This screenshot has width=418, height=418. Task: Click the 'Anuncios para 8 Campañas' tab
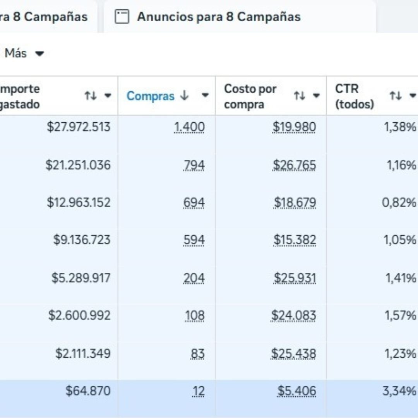(218, 17)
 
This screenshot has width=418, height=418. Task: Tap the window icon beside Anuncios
(122, 17)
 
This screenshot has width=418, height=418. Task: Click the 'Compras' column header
(151, 96)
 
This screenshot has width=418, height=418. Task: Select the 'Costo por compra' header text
(250, 96)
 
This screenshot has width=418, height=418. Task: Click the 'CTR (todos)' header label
(354, 96)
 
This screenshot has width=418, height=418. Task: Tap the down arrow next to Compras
(185, 96)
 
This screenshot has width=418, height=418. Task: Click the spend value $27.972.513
(79, 127)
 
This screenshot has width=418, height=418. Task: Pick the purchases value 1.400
(189, 127)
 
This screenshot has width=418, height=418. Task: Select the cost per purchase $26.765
(295, 165)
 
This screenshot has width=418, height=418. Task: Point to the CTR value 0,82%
(399, 202)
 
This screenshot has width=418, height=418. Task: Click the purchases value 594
(194, 240)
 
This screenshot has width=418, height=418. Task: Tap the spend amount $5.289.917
(81, 278)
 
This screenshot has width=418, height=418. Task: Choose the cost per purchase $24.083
(293, 315)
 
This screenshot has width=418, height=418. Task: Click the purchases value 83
(197, 354)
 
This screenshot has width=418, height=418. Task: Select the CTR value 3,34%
(399, 391)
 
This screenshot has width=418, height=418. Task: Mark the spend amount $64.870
(88, 391)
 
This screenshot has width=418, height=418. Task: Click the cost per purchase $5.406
(296, 391)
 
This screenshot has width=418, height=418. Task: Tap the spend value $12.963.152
(79, 202)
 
